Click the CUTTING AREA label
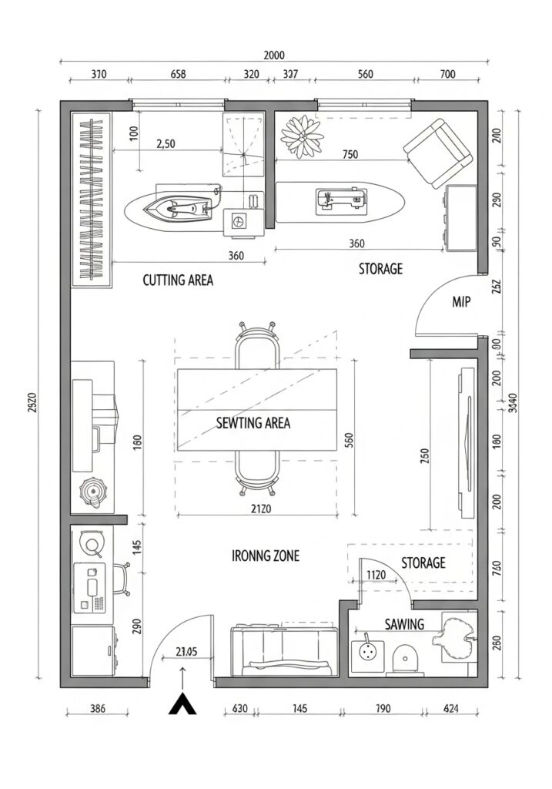tap(178, 280)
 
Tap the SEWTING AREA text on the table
tap(253, 423)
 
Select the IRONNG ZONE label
tap(266, 556)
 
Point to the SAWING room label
tap(404, 624)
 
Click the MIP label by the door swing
tap(461, 303)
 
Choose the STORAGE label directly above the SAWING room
tap(423, 562)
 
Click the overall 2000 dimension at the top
tap(274, 55)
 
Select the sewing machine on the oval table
tap(339, 200)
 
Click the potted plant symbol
tap(303, 135)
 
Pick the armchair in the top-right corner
tap(437, 153)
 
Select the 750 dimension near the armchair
tap(350, 154)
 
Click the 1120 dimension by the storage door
tap(376, 574)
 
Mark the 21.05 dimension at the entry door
tap(186, 651)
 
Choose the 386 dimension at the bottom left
tap(97, 709)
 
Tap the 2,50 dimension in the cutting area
tap(166, 143)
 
